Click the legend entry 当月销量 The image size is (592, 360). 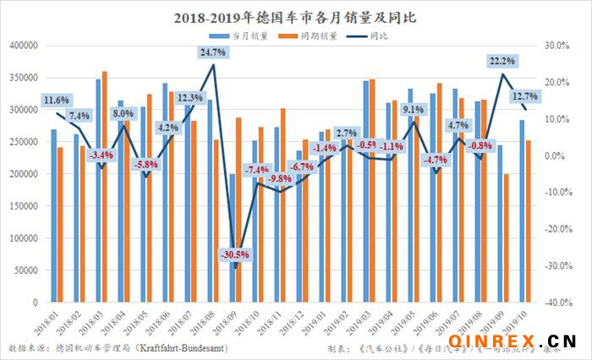[x=238, y=35]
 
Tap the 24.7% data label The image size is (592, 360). [x=213, y=52]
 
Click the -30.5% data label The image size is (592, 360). [x=234, y=254]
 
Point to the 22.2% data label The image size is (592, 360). [x=502, y=61]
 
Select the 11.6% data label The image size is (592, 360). [x=57, y=101]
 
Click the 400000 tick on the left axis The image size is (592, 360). [x=23, y=46]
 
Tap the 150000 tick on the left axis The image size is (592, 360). [x=23, y=205]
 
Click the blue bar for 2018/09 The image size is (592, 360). [x=233, y=237]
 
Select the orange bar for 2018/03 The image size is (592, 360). [x=105, y=186]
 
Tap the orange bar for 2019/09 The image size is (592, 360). [x=507, y=237]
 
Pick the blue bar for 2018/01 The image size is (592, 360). [x=54, y=215]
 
